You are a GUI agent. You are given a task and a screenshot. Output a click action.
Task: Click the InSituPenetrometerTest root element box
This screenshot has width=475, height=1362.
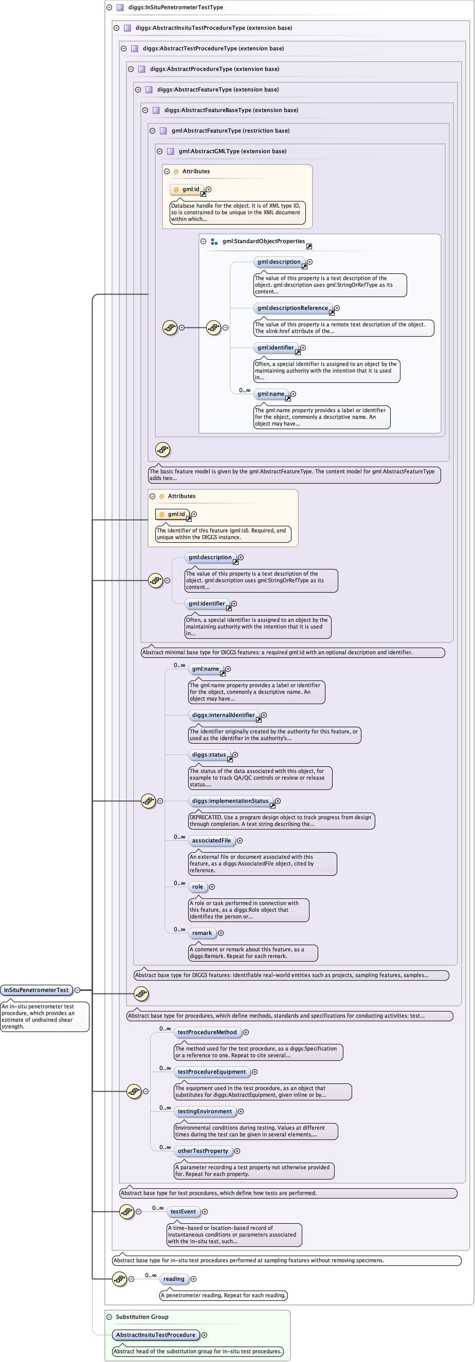[36, 990]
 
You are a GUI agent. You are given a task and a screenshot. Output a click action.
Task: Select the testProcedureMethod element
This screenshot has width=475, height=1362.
[207, 1032]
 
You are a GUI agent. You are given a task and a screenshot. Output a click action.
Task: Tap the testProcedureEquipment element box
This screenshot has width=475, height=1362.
[212, 1072]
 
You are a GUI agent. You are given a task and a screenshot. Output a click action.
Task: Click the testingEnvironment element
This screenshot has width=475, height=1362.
[205, 1111]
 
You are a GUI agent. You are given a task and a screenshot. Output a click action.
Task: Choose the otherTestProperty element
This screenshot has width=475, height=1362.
[203, 1151]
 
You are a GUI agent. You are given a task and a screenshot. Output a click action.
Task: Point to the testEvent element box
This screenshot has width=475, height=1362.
[183, 1212]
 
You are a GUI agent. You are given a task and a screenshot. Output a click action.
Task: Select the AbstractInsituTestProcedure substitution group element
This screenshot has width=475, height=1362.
[156, 1335]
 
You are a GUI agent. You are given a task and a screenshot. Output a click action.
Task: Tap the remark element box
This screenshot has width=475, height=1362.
[202, 933]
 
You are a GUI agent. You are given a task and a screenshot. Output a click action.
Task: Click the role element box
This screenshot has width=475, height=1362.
[197, 887]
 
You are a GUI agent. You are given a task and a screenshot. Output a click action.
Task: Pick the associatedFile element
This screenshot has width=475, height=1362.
[212, 841]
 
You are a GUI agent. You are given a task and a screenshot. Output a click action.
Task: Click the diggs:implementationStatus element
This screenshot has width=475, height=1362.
[231, 801]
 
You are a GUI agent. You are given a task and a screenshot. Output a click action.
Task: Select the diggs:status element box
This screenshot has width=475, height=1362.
[209, 755]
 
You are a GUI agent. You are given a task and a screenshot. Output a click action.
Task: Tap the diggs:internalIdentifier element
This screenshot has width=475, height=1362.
[224, 715]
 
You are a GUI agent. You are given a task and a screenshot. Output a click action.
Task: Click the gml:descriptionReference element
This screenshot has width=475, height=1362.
[293, 308]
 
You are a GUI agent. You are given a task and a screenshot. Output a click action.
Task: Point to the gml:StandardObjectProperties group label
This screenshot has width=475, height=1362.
[263, 241]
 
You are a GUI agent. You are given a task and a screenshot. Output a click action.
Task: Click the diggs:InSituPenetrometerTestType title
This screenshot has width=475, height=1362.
[176, 7]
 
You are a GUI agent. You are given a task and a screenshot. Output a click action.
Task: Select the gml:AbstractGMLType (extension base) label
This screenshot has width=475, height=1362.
[233, 151]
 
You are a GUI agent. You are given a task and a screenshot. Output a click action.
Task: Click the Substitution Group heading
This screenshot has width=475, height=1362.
[142, 1317]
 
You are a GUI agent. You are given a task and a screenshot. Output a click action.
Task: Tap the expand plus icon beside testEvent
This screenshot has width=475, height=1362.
[205, 1212]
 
